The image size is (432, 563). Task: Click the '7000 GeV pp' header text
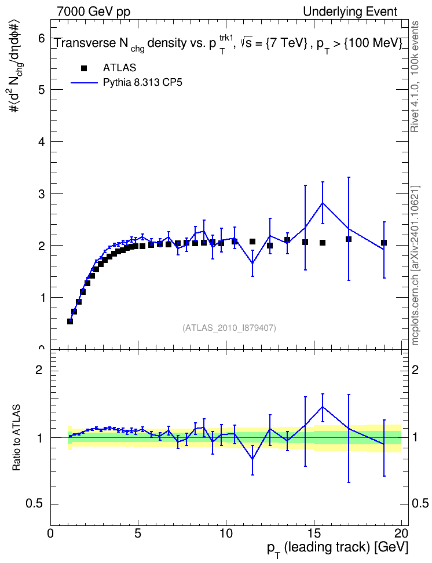pyautogui.click(x=93, y=12)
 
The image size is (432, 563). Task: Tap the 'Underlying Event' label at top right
pyautogui.click(x=350, y=12)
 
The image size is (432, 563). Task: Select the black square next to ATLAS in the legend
pyautogui.click(x=84, y=68)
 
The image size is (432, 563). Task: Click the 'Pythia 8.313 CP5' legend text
pyautogui.click(x=142, y=83)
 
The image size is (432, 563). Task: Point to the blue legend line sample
pyautogui.click(x=84, y=83)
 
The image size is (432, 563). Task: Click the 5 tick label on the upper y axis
pyautogui.click(x=42, y=89)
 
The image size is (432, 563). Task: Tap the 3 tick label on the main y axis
pyautogui.click(x=42, y=193)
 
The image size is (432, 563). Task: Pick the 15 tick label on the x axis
pyautogui.click(x=314, y=533)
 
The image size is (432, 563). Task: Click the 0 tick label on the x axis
pyautogui.click(x=50, y=533)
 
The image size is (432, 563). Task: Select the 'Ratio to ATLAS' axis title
pyautogui.click(x=16, y=438)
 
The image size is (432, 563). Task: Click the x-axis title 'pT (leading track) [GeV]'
pyautogui.click(x=338, y=549)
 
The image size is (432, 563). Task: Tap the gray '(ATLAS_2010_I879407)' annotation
pyautogui.click(x=229, y=328)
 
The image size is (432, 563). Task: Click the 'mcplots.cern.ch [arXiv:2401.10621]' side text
pyautogui.click(x=415, y=266)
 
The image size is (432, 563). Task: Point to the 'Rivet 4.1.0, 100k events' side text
pyautogui.click(x=415, y=76)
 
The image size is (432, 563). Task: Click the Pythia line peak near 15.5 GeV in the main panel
pyautogui.click(x=323, y=203)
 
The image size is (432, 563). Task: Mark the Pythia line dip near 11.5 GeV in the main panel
pyautogui.click(x=252, y=263)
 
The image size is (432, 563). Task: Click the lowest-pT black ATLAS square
pyautogui.click(x=70, y=321)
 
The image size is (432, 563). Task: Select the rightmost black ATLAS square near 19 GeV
pyautogui.click(x=384, y=243)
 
